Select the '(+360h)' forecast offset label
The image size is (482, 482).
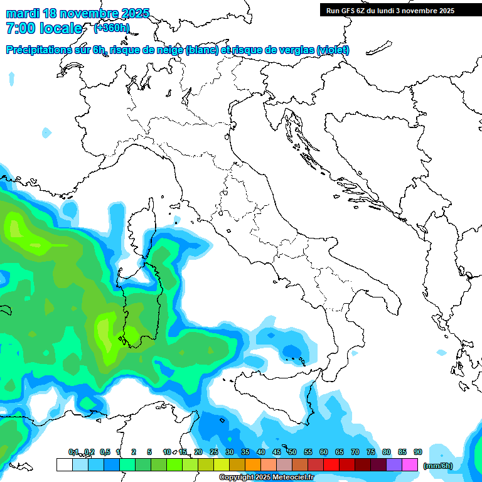tap(112, 28)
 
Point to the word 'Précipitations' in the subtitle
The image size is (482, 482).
tap(40, 50)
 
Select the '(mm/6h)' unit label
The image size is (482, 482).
tap(437, 465)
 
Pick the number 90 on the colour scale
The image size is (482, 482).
tap(418, 452)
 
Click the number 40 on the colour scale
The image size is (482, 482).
tap(261, 452)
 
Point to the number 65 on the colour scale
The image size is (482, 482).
tap(340, 452)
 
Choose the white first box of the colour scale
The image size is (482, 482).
tap(64, 465)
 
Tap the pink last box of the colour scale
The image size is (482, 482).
tap(410, 465)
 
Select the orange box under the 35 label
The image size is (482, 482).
tap(253, 465)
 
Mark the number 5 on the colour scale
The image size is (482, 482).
tap(149, 452)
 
